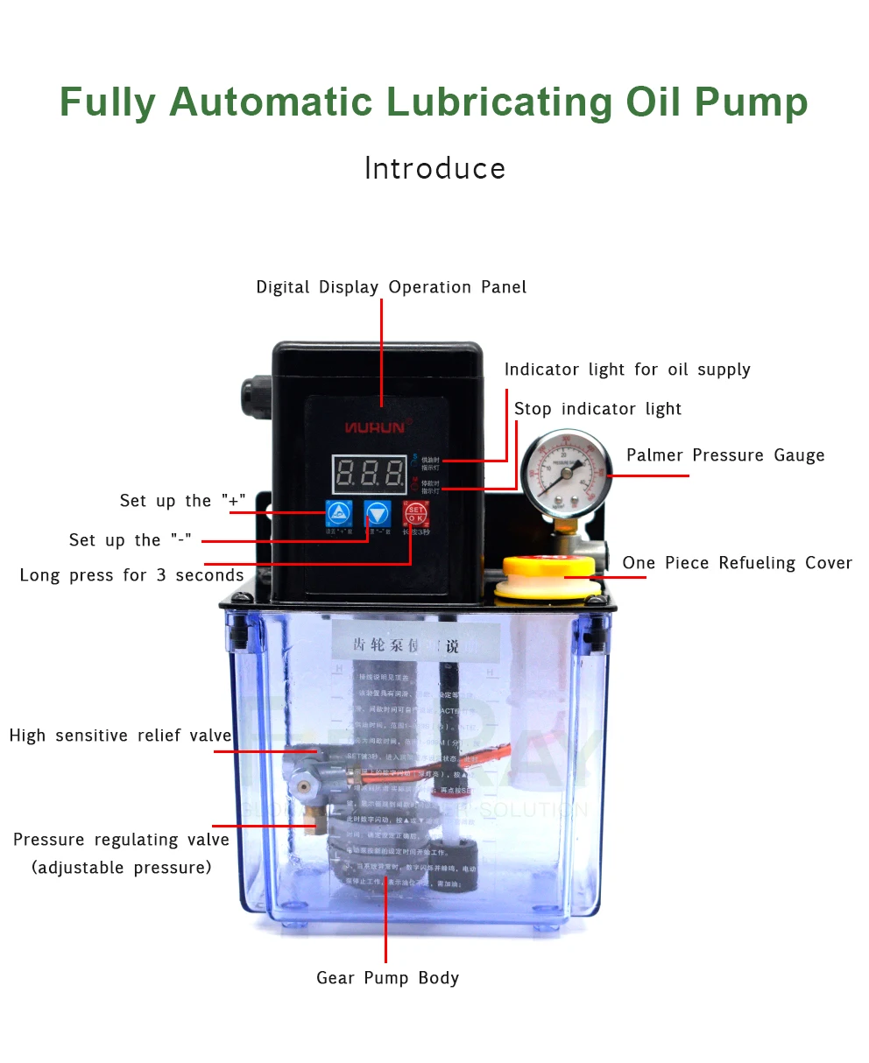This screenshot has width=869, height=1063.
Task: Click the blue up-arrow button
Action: (x=339, y=512)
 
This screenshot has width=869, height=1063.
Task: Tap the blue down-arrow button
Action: (x=378, y=512)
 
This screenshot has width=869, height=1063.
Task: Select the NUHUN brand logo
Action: (x=374, y=427)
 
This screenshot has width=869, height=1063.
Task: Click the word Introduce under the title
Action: (x=434, y=168)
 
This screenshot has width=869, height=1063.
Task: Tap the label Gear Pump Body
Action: (x=387, y=978)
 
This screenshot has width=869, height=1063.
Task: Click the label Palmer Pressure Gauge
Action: (x=725, y=455)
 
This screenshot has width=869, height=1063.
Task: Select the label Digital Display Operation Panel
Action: (x=391, y=287)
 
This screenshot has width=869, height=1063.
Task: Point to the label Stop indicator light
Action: (x=597, y=409)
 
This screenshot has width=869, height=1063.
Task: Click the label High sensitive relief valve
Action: (x=120, y=736)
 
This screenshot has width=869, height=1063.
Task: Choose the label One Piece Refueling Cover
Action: (x=737, y=563)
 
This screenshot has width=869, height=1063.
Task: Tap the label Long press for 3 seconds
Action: (x=131, y=575)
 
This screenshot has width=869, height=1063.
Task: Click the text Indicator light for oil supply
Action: (x=627, y=370)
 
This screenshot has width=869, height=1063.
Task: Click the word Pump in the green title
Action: (x=751, y=102)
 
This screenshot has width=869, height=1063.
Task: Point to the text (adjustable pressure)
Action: (x=122, y=868)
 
